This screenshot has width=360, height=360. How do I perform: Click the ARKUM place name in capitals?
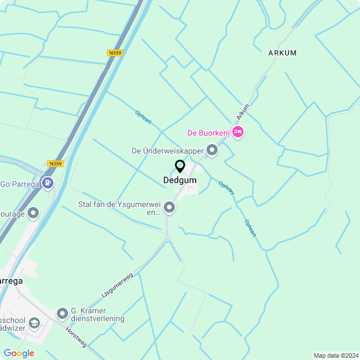pyautogui.click(x=282, y=53)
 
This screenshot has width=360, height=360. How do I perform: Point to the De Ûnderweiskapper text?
pyautogui.click(x=166, y=151)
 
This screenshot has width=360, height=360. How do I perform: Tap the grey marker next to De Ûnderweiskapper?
pyautogui.click(x=212, y=150)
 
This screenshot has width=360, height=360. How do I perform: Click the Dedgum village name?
pyautogui.click(x=179, y=181)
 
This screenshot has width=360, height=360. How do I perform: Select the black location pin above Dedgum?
pyautogui.click(x=180, y=166)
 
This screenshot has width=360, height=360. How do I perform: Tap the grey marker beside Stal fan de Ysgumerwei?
pyautogui.click(x=169, y=209)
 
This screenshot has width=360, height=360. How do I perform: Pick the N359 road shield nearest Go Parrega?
pyautogui.click(x=55, y=164)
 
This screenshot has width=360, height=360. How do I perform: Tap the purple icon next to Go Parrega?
pyautogui.click(x=48, y=182)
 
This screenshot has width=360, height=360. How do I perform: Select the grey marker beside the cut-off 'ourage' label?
pyautogui.click(x=33, y=213)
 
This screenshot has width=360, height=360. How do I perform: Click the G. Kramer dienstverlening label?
pyautogui.click(x=97, y=314)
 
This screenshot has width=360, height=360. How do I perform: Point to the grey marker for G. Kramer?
pyautogui.click(x=62, y=313)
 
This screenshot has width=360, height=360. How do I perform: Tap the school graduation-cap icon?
pyautogui.click(x=34, y=323)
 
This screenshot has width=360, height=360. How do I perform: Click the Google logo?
pyautogui.click(x=19, y=353)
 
